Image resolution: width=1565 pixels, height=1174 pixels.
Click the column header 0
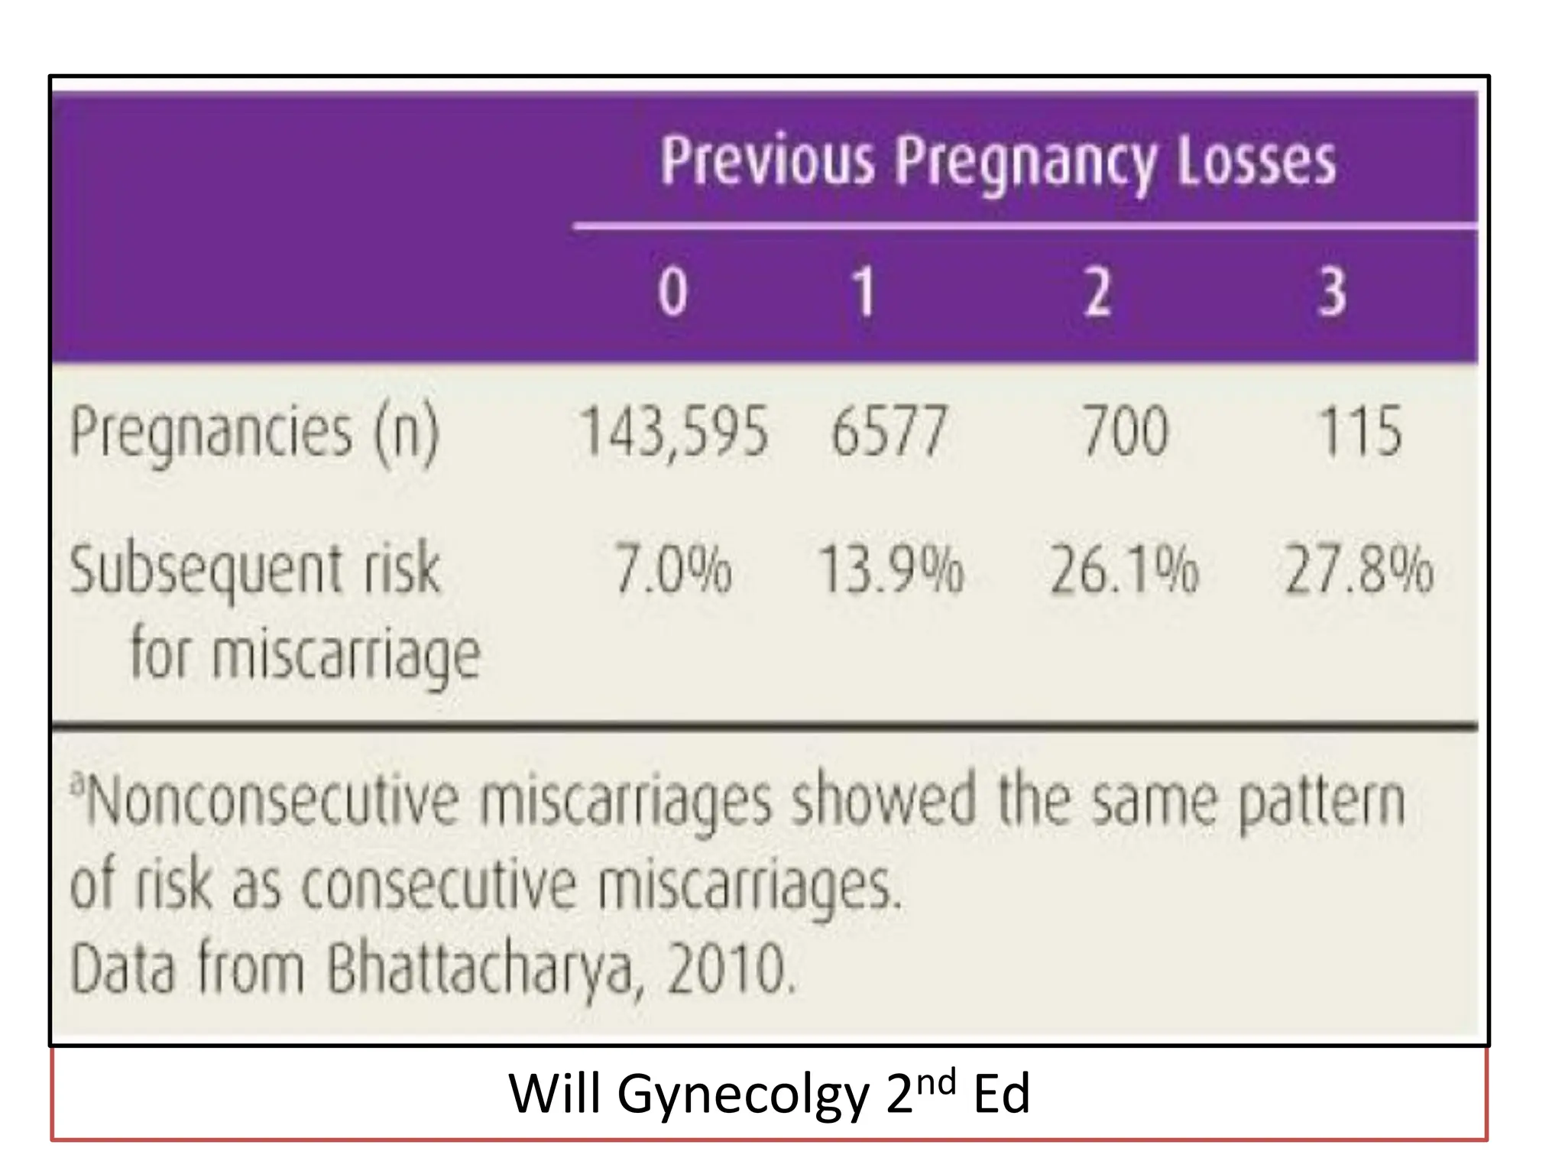(x=672, y=292)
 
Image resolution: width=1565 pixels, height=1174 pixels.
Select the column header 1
(x=864, y=292)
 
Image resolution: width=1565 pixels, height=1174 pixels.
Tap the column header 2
(x=1097, y=292)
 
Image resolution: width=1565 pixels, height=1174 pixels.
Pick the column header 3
(x=1332, y=292)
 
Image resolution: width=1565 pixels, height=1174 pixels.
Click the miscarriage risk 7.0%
(x=672, y=570)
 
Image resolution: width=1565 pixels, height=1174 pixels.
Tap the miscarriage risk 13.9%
(x=890, y=570)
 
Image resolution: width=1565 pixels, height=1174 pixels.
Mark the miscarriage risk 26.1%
(x=1124, y=570)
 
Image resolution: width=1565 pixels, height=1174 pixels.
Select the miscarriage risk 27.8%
(x=1359, y=570)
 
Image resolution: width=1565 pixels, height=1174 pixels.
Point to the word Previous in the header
(x=767, y=161)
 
